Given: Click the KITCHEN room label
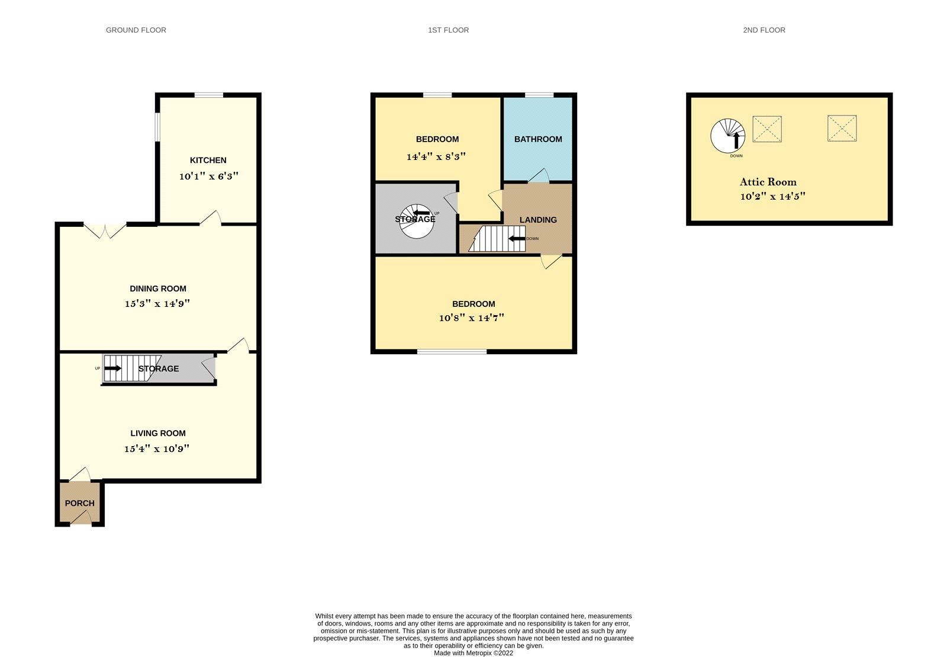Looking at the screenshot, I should [208, 160].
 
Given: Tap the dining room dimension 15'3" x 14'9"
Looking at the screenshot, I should [157, 303].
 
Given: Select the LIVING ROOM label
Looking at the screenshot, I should [158, 433].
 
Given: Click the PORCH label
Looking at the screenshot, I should [79, 503].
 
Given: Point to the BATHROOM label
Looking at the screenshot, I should [538, 139].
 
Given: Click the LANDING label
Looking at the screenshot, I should [538, 220].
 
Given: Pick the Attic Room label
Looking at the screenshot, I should [768, 182].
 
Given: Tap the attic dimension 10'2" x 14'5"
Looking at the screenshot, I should [772, 196].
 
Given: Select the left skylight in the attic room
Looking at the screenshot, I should [767, 129].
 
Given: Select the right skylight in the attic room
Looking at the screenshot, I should [842, 129].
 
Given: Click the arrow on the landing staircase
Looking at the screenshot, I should [517, 239].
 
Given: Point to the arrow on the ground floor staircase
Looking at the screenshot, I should [113, 368].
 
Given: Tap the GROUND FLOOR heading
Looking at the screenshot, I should [136, 30].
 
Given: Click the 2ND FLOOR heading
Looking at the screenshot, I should [764, 30].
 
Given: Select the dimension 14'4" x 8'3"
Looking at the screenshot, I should [436, 157].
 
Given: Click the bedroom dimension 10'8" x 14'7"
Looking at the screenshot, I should [472, 318].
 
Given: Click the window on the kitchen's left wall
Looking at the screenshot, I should [157, 127].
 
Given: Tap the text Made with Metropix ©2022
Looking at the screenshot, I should [474, 653].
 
